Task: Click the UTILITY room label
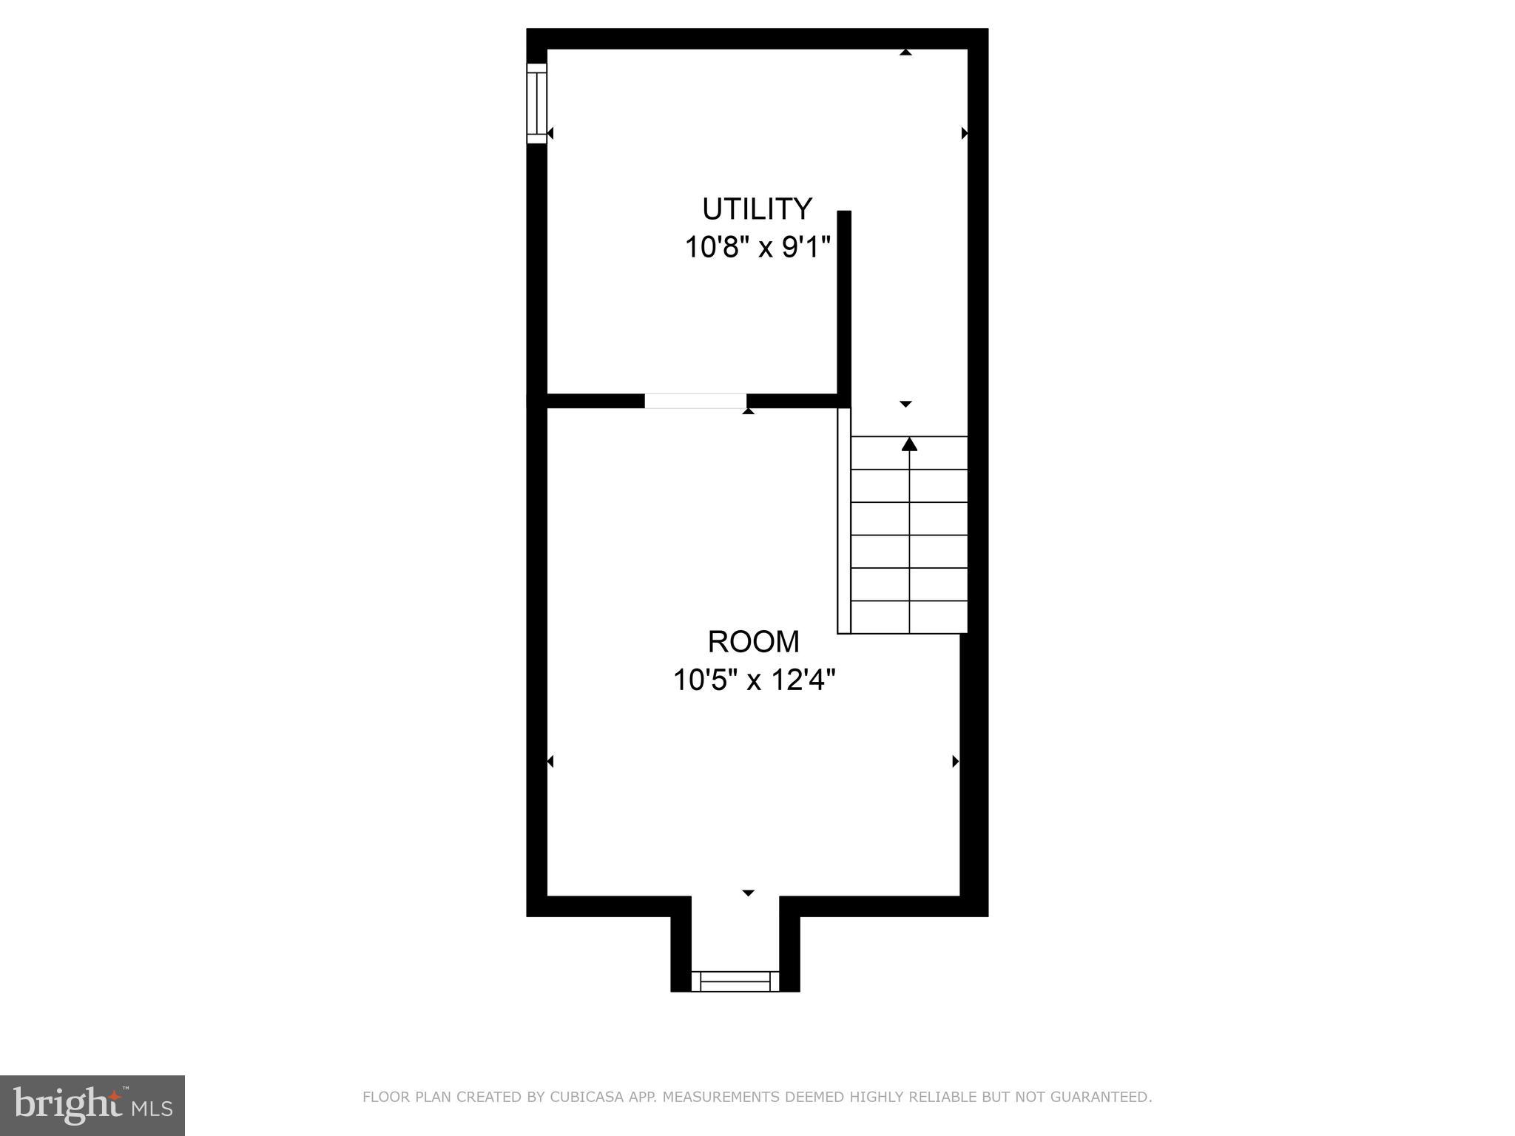pos(757,209)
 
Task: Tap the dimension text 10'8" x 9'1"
pos(757,247)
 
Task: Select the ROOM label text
pos(753,642)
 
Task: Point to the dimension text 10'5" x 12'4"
pos(754,680)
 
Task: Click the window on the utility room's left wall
pos(536,104)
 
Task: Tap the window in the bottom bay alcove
pos(735,981)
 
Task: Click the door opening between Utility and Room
pos(695,401)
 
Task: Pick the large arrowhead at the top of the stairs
pos(909,444)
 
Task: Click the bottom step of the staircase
pos(909,617)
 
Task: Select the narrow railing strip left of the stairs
pos(844,521)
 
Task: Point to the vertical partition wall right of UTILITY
pos(844,303)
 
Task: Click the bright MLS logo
pos(92,1105)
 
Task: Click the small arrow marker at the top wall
pos(905,53)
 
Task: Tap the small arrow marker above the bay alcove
pos(748,893)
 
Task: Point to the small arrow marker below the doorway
pos(749,410)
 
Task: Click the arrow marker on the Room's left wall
pos(550,761)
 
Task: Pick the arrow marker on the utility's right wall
pos(964,133)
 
